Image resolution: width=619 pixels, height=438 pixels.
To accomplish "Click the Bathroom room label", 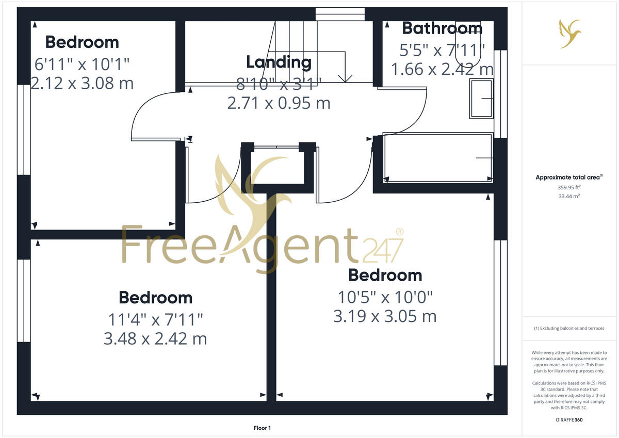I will point(442,28).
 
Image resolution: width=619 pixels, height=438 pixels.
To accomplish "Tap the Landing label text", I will point(279,62).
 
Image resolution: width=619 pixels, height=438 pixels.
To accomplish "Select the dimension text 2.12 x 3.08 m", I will point(82,83).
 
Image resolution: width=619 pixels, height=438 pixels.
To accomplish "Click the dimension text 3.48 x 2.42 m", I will point(155,339).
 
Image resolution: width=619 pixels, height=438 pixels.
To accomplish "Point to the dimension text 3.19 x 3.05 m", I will point(385,316).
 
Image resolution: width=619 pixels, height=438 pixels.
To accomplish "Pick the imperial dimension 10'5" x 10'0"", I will point(385,297).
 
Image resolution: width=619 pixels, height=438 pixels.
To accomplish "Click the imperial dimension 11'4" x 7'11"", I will point(155,320).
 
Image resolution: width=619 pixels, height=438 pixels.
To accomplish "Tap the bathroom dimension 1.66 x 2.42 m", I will point(442,69).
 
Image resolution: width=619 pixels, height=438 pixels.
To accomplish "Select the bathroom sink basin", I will point(481,98).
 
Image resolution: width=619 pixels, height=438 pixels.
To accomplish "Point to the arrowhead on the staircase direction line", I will point(345,78).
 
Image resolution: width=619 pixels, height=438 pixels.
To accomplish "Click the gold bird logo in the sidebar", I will point(570,34).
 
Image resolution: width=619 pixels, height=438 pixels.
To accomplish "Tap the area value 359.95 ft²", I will point(569,187).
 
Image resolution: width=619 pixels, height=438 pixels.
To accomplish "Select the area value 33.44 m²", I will point(569,196).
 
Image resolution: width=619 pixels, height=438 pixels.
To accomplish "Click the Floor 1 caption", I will point(262,428).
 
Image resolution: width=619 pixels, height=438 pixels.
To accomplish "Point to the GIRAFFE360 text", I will point(570,420).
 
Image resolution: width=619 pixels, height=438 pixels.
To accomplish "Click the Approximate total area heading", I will point(568,177).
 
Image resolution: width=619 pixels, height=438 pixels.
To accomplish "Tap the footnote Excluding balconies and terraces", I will point(569,329).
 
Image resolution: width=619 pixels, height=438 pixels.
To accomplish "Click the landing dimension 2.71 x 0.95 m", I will point(279,103).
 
